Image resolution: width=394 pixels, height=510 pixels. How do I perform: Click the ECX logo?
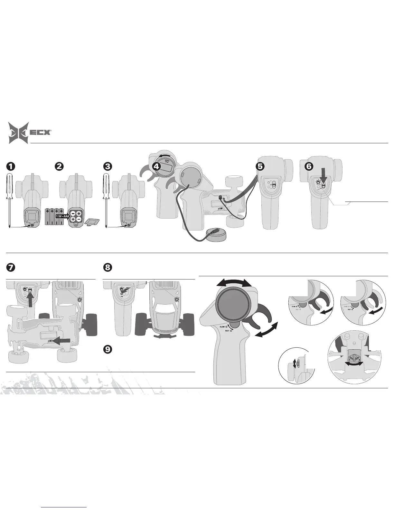coord(30,132)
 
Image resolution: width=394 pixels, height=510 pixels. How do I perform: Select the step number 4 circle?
coord(156,166)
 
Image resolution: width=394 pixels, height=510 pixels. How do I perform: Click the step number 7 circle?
coord(11,267)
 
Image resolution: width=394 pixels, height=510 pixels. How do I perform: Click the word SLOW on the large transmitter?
coord(222,326)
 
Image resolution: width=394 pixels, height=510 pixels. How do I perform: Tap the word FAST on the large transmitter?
coord(227,331)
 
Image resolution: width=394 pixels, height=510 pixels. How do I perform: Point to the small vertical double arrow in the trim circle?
coord(294,364)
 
